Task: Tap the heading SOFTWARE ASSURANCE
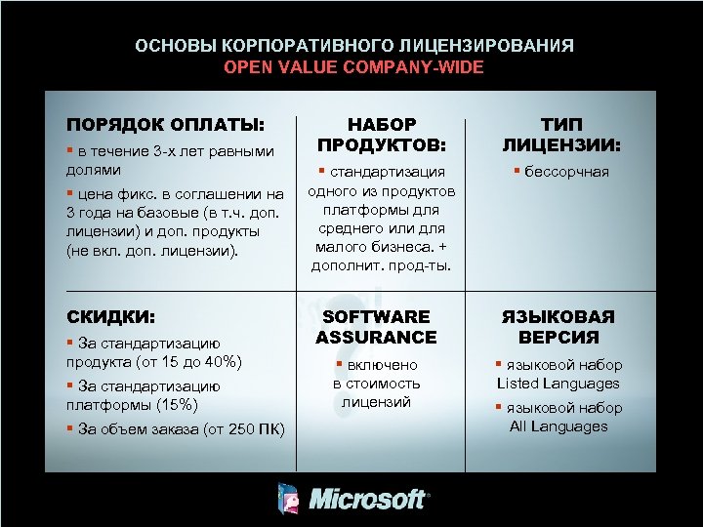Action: [376, 327]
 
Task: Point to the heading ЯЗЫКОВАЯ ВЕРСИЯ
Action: [558, 327]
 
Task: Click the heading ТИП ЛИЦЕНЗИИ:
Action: [561, 135]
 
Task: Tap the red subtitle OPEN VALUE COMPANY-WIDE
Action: [353, 67]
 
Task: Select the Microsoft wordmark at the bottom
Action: [368, 500]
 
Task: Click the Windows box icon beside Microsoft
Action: [290, 499]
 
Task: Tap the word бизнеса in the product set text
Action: [390, 246]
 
